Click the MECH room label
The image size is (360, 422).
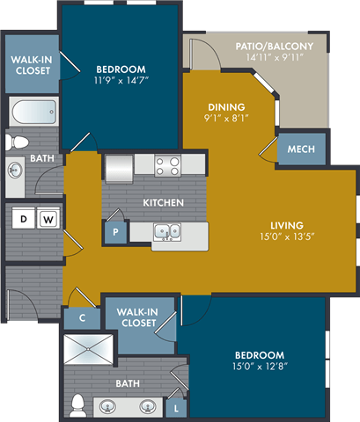click(x=302, y=149)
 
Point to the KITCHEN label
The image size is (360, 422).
click(x=164, y=203)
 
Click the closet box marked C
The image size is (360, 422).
click(x=81, y=318)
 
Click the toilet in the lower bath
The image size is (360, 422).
click(x=77, y=404)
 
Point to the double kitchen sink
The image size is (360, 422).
click(x=166, y=232)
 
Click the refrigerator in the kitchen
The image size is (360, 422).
click(x=118, y=166)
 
